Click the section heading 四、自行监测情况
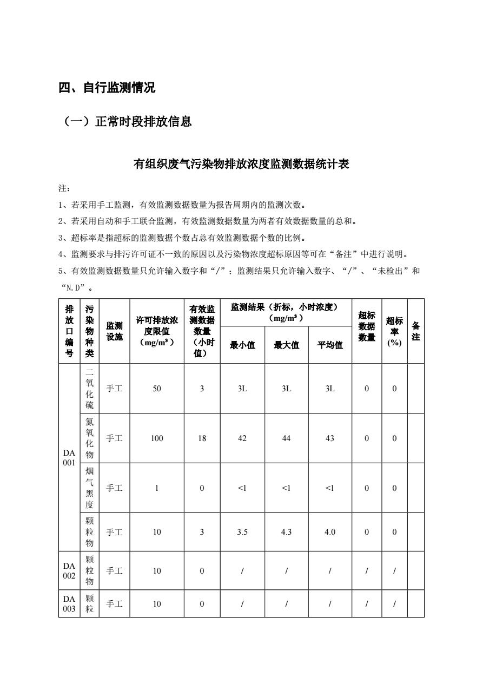107,88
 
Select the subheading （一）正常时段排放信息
127,122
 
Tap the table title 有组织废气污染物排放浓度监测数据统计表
241,164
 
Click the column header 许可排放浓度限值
157,331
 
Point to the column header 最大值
286,345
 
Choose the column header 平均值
330,345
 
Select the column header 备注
415,331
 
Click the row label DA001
69,457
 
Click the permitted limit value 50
157,389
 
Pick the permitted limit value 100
157,438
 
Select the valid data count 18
202,438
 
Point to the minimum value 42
242,438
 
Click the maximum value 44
286,438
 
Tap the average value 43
330,438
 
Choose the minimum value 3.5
242,532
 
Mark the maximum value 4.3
286,532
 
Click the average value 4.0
330,532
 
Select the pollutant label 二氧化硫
90,389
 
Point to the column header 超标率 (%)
394,331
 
